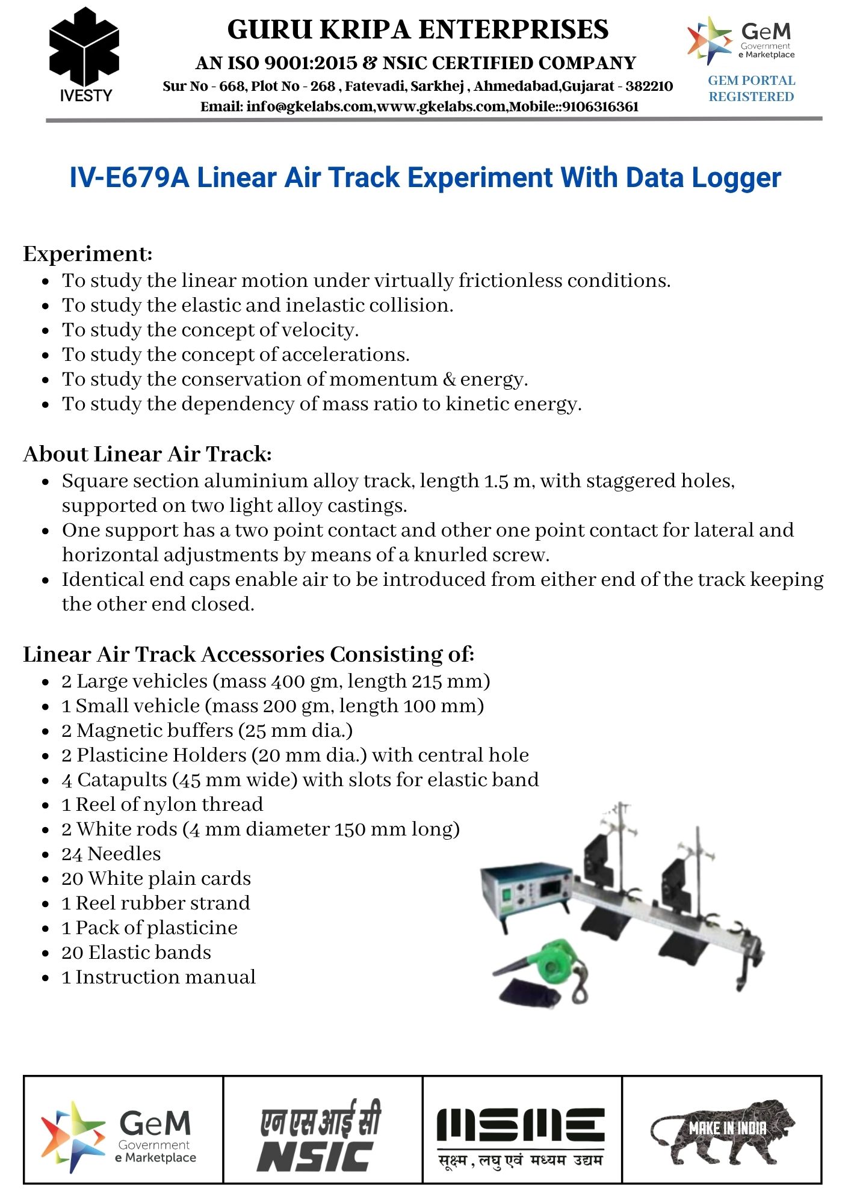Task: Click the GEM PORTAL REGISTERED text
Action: point(751,88)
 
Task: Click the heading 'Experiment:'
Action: point(88,254)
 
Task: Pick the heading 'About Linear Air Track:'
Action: point(147,454)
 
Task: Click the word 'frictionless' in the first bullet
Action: point(510,281)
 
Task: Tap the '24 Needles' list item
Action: point(111,854)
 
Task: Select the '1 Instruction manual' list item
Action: point(159,977)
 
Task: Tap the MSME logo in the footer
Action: point(521,1136)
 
